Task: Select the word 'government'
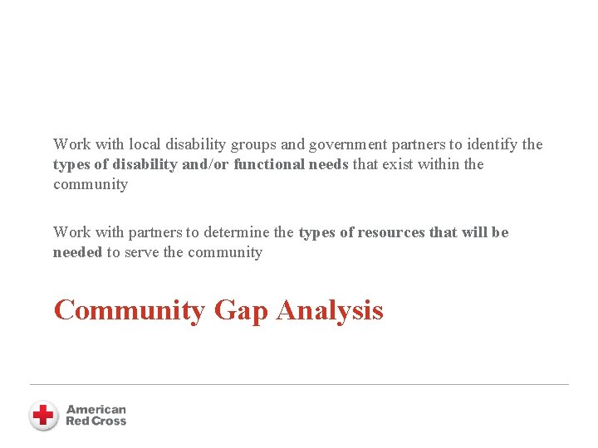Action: [x=347, y=144]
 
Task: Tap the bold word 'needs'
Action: [x=330, y=164]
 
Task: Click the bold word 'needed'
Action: [x=77, y=252]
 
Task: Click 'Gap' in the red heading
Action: [x=241, y=310]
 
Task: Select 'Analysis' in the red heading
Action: [x=330, y=310]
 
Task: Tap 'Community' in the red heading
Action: [x=130, y=310]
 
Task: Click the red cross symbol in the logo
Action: [x=43, y=414]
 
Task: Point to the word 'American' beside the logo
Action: [x=96, y=409]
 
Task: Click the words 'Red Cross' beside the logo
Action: [x=96, y=421]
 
